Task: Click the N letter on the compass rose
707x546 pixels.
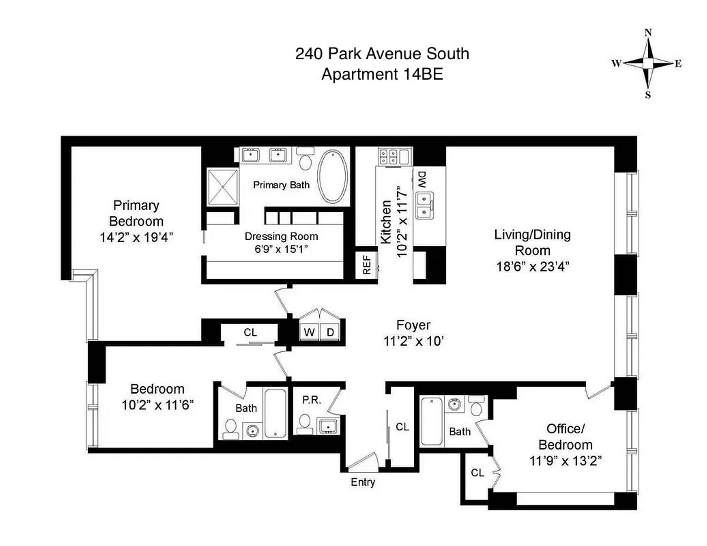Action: tap(648, 33)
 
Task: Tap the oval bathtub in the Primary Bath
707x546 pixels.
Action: tap(333, 177)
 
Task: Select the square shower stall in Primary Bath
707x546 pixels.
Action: tap(223, 187)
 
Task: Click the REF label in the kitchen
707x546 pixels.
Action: tap(367, 265)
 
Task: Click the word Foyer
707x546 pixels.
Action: tap(413, 325)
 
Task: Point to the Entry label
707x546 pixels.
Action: tap(363, 482)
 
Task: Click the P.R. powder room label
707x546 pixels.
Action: tap(311, 400)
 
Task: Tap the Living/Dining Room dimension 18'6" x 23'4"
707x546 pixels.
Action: tap(533, 266)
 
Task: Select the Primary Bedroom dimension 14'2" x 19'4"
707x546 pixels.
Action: tap(136, 238)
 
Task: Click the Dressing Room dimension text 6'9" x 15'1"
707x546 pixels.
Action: tap(281, 249)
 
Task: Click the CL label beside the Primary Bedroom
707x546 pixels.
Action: tap(250, 333)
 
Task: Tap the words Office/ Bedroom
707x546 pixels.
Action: tap(565, 437)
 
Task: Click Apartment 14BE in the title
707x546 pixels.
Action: tap(382, 74)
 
